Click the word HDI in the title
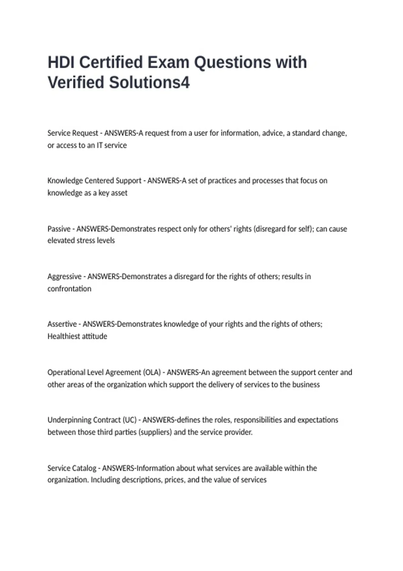click(61, 62)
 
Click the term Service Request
click(73, 133)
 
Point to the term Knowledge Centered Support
click(94, 181)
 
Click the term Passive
click(59, 229)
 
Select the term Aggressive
click(64, 276)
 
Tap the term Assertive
click(62, 324)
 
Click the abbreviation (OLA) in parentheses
click(152, 372)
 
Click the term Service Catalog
click(72, 468)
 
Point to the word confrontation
click(69, 289)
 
